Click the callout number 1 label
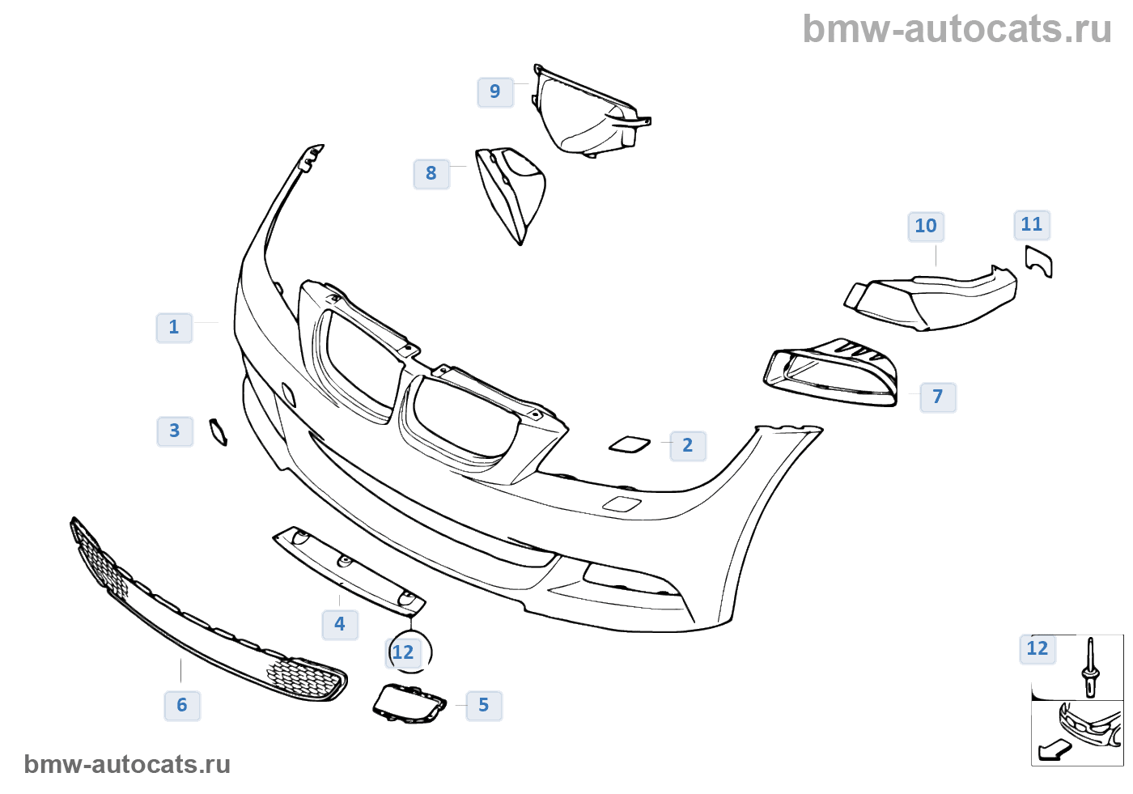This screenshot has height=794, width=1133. click(x=174, y=328)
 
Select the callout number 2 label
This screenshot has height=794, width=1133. click(x=688, y=446)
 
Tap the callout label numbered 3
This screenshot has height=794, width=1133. click(x=175, y=431)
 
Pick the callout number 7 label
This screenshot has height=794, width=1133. click(x=938, y=397)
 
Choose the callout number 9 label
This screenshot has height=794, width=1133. click(x=495, y=92)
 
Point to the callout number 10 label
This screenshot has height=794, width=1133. click(x=926, y=227)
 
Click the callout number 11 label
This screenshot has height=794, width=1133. click(x=1032, y=225)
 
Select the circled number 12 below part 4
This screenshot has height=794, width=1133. click(x=403, y=652)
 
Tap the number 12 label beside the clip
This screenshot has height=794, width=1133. click(x=1038, y=649)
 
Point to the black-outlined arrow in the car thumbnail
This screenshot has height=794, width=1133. click(x=1054, y=750)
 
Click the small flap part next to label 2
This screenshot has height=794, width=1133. click(x=630, y=444)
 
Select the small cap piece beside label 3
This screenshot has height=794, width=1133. click(x=218, y=432)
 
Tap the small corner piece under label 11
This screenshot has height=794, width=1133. click(x=1039, y=261)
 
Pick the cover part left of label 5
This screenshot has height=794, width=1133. click(x=409, y=703)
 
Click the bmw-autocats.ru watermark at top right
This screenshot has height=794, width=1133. click(x=957, y=29)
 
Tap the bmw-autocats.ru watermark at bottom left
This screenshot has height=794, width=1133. click(x=127, y=764)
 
